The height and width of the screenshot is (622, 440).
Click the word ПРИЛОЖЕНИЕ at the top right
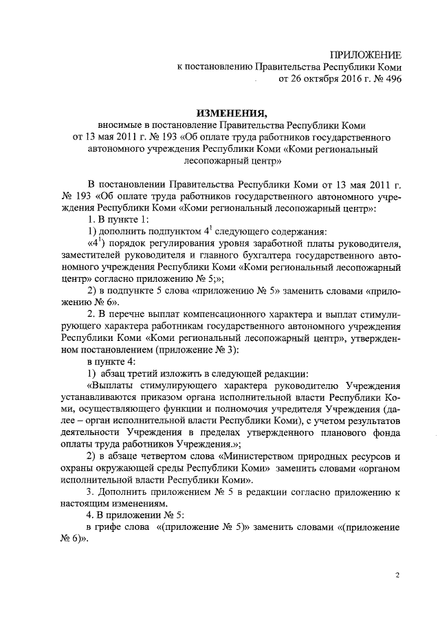click(x=365, y=54)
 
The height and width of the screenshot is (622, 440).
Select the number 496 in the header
click(x=391, y=78)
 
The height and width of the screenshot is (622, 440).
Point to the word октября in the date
click(x=318, y=78)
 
